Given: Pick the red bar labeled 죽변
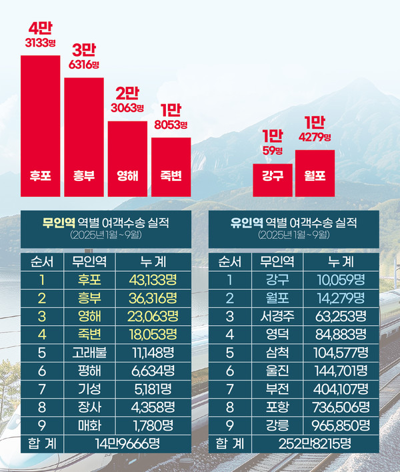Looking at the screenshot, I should pos(171,167).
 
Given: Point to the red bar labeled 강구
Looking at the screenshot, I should pos(272,179).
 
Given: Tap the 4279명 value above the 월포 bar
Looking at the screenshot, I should pos(315,138).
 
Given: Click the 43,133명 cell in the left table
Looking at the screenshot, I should pos(152,279).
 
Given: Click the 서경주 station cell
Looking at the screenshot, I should pos(272,315).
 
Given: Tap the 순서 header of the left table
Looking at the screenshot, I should pos(41,260).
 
